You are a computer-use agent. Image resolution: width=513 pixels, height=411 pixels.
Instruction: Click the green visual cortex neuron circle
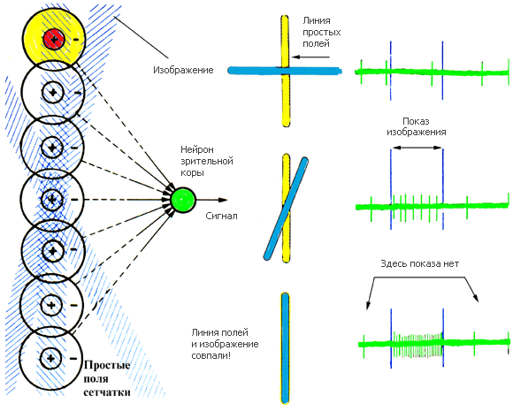click(x=183, y=200)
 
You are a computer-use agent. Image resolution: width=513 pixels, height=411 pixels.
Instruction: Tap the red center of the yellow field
click(x=54, y=39)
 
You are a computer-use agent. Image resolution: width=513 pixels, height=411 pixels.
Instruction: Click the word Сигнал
click(x=221, y=217)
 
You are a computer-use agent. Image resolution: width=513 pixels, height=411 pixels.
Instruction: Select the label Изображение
click(x=183, y=71)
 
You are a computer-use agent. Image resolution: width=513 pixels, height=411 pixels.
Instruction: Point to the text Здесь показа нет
click(x=420, y=264)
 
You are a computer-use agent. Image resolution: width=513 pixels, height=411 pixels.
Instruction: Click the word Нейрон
click(x=197, y=149)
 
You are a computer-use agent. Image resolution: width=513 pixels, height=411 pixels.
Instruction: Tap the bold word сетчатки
click(x=107, y=392)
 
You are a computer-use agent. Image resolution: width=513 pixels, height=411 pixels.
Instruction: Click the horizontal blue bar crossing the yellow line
click(x=285, y=71)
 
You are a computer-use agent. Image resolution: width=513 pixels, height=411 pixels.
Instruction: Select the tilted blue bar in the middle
click(x=287, y=209)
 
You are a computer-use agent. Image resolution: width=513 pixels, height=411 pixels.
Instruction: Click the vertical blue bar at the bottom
click(x=286, y=348)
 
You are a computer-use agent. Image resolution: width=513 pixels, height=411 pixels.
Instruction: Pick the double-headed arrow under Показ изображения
click(x=417, y=148)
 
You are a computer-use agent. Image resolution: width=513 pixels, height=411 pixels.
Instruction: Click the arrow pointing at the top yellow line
click(x=310, y=57)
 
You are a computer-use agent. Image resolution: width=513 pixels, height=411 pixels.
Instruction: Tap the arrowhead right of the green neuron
click(x=223, y=200)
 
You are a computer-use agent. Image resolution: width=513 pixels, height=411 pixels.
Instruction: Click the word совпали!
click(x=211, y=355)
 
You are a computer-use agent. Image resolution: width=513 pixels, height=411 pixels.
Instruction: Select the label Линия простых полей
click(x=322, y=32)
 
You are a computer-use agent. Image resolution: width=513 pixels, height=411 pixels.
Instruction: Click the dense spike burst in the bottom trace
click(x=417, y=345)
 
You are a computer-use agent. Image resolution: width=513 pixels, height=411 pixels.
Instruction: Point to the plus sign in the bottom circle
click(x=50, y=358)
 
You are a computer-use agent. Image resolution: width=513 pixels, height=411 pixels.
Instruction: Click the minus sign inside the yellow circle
click(x=75, y=40)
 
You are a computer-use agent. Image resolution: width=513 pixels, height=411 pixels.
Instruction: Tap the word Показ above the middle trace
click(x=416, y=121)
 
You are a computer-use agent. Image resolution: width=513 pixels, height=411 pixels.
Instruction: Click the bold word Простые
click(x=107, y=365)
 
